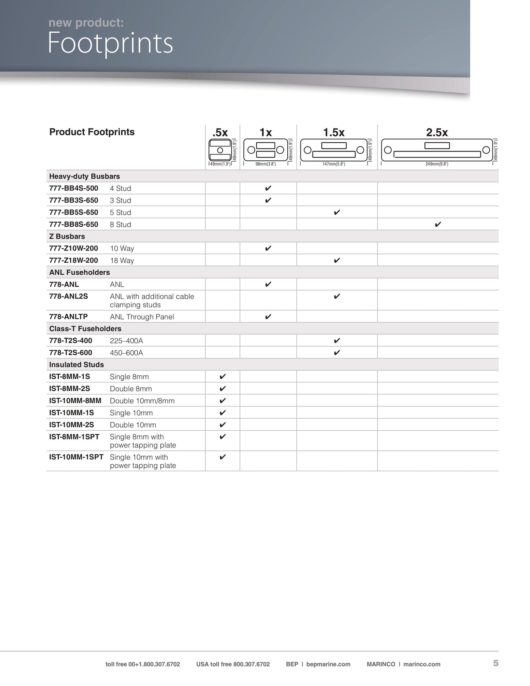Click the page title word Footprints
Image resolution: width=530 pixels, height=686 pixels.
click(x=110, y=44)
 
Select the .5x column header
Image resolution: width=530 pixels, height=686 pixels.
click(x=220, y=132)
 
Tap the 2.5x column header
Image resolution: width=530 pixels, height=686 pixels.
click(x=437, y=132)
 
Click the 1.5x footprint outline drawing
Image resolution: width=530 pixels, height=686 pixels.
click(x=334, y=150)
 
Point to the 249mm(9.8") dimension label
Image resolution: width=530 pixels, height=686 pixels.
click(x=436, y=164)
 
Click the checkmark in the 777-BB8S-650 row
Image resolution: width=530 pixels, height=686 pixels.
click(x=438, y=225)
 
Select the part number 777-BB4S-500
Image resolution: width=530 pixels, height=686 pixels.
click(x=74, y=188)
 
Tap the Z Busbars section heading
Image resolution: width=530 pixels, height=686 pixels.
click(x=67, y=236)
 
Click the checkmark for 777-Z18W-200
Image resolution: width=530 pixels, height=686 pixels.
click(x=337, y=260)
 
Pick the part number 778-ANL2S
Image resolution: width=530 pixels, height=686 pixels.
click(x=69, y=296)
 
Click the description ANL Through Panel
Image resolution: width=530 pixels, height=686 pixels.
click(x=142, y=317)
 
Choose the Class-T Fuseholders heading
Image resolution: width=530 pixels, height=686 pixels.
click(x=85, y=329)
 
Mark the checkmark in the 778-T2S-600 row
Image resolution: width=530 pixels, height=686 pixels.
click(x=337, y=353)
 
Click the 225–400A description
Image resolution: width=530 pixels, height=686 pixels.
click(x=127, y=341)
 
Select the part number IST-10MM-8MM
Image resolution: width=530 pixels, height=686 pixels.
click(x=75, y=401)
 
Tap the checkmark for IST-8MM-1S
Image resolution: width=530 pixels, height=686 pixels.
click(x=222, y=377)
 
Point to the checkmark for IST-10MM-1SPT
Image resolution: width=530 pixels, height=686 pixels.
click(x=222, y=457)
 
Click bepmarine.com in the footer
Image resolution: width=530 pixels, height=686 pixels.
click(x=328, y=664)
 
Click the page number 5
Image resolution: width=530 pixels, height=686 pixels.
click(x=496, y=663)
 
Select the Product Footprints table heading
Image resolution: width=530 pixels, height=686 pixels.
click(x=92, y=132)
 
